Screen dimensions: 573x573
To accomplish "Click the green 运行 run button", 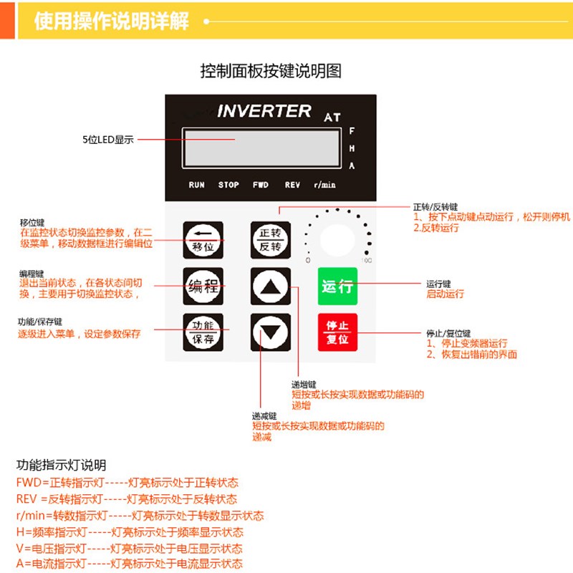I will (337, 286).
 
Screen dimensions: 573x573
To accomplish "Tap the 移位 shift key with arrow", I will (203, 240).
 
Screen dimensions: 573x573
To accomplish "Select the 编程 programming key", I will (203, 286).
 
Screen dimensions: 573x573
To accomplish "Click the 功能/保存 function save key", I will (203, 332).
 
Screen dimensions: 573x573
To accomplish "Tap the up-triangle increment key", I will (271, 286).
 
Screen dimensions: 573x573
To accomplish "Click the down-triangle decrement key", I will (271, 332).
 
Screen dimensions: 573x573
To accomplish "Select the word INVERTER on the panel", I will (264, 111).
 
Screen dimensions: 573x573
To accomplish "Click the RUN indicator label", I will (196, 185).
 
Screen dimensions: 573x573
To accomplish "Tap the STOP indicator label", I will (228, 185).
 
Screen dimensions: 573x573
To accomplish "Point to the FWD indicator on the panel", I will (261, 185).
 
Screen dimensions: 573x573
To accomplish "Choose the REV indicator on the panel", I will (292, 185).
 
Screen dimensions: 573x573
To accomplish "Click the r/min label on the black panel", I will (324, 185).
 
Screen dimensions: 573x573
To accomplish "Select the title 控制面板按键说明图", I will (271, 72).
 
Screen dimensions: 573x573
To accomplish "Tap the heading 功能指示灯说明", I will (61, 466).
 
